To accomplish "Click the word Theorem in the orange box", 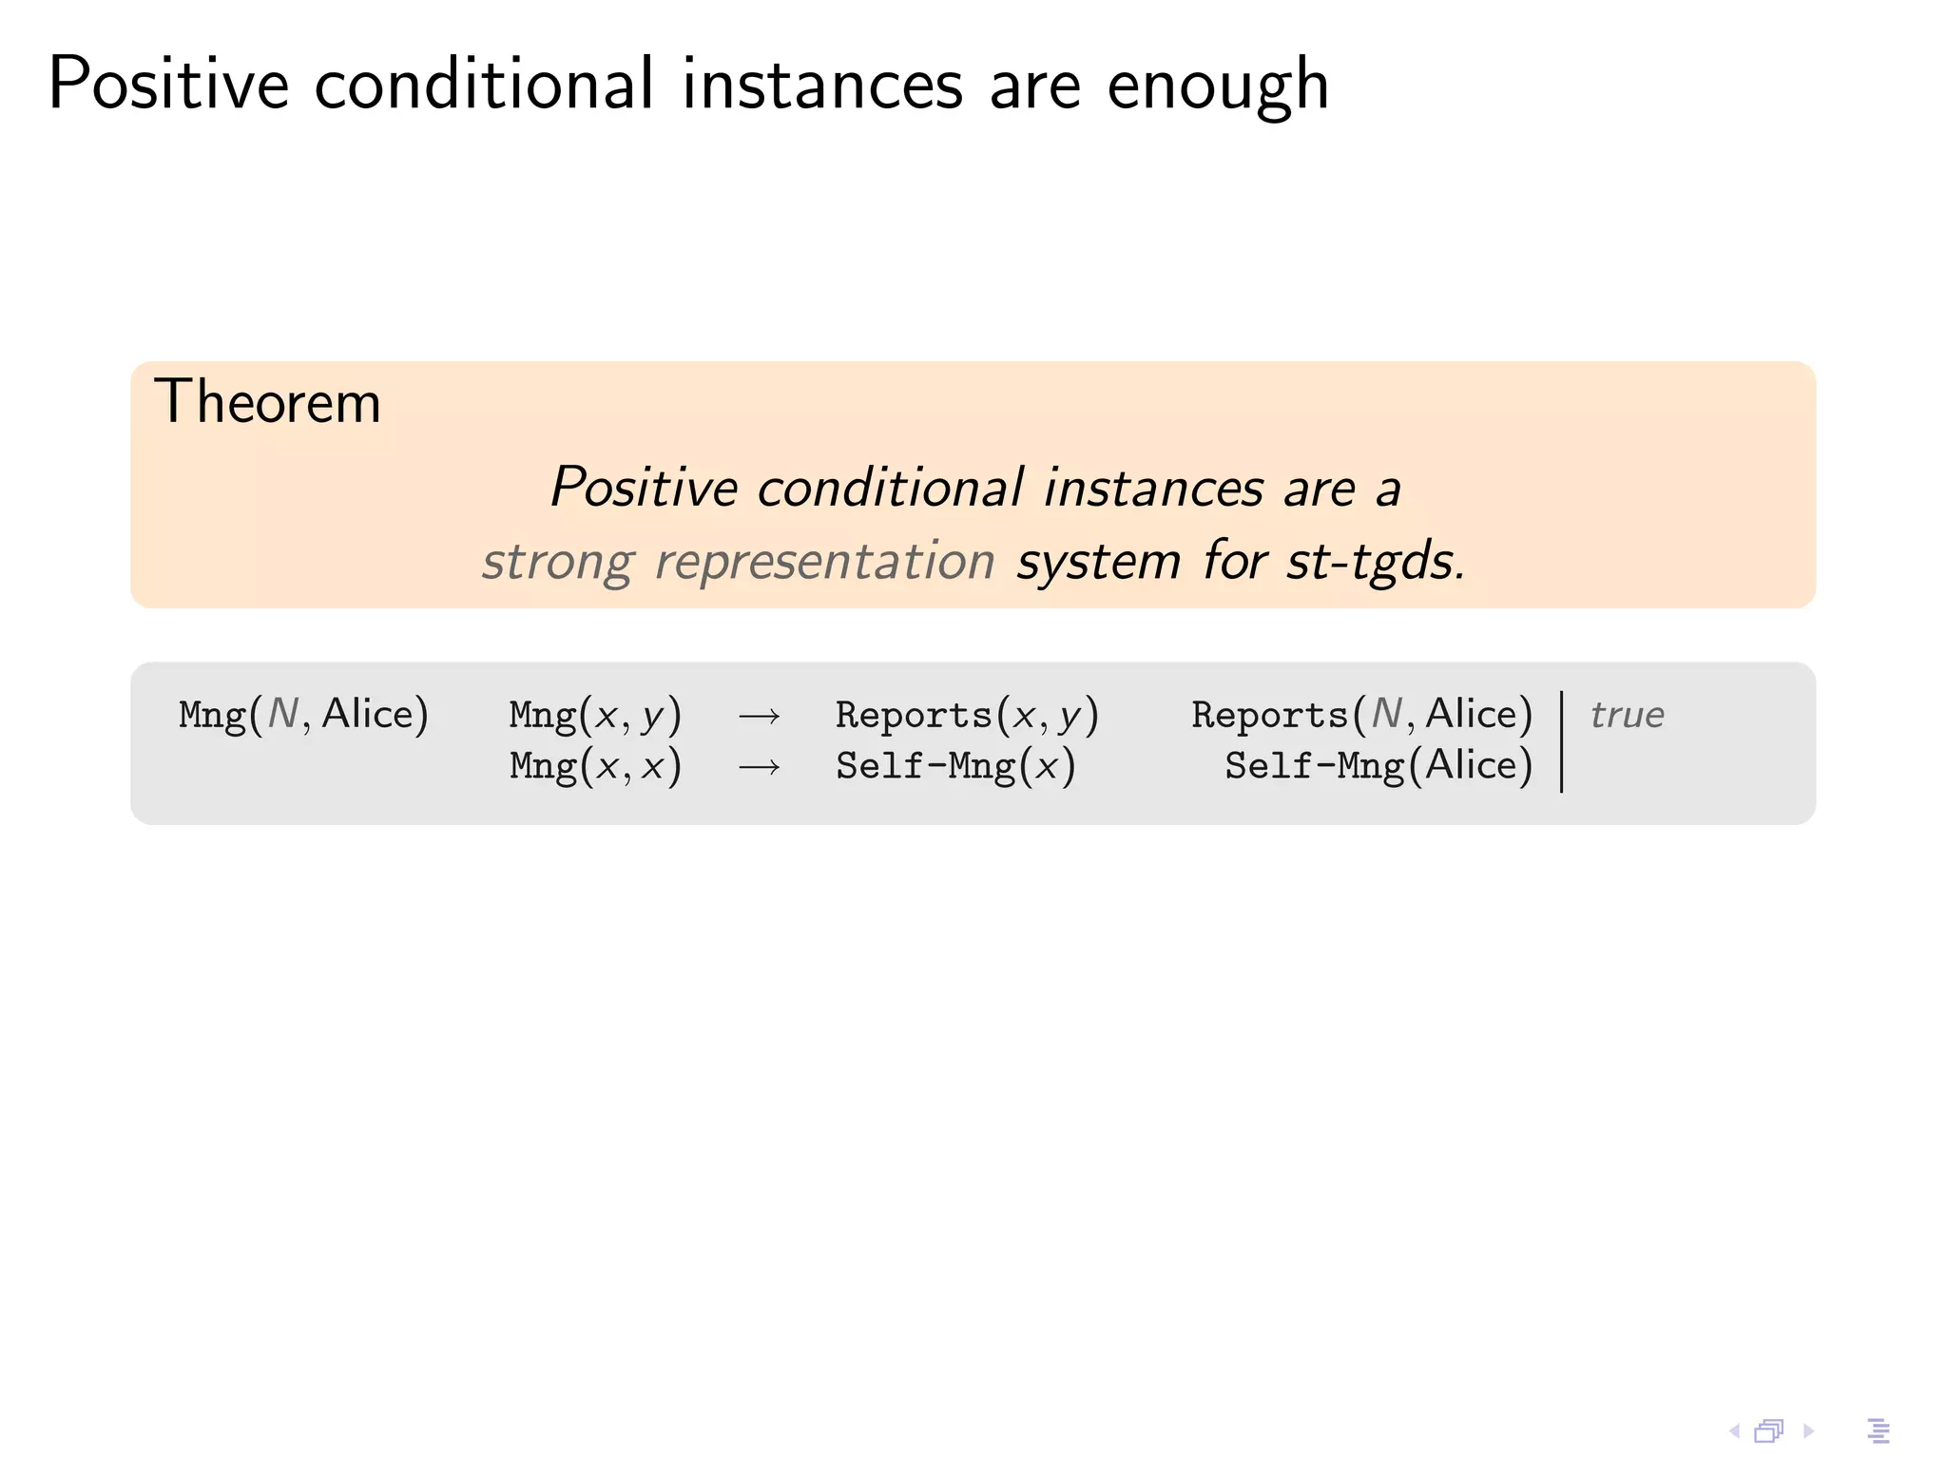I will click(x=267, y=402).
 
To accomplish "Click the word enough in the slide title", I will click(x=1218, y=86).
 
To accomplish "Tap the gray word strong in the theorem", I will click(x=557, y=562).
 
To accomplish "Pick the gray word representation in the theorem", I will click(x=824, y=562).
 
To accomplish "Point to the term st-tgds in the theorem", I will click(x=1375, y=562).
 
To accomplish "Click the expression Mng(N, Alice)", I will click(x=303, y=715).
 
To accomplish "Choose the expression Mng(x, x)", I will click(x=595, y=766).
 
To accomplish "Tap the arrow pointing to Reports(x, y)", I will click(x=760, y=716).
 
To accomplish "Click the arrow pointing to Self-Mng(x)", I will click(x=760, y=766).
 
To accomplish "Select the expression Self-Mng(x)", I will click(x=955, y=766).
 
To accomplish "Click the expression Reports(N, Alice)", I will click(x=1362, y=715).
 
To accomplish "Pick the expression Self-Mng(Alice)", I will click(x=1378, y=766).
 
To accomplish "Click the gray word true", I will click(x=1627, y=715).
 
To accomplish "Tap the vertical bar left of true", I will click(x=1562, y=741).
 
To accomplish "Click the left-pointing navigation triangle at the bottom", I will click(x=1734, y=1431).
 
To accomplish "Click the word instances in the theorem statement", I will click(x=1153, y=489).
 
